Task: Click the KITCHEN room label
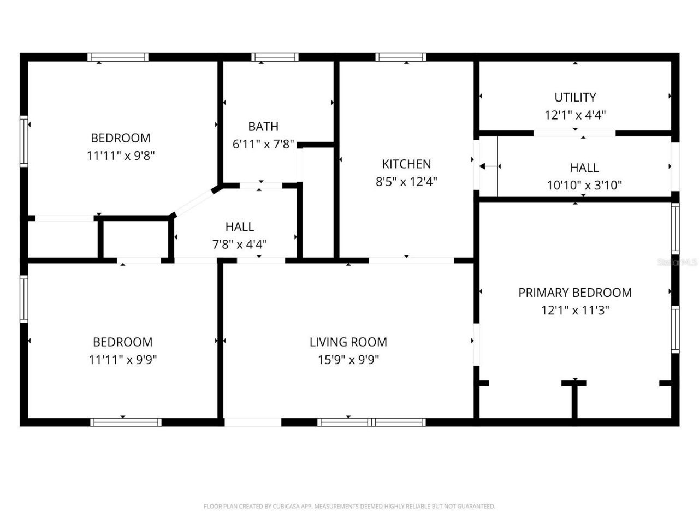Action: [x=406, y=164]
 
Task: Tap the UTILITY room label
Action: [x=575, y=97]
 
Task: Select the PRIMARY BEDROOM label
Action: [x=575, y=293]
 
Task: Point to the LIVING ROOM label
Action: [x=348, y=342]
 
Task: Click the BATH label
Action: [x=263, y=127]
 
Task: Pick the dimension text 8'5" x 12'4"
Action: [x=406, y=182]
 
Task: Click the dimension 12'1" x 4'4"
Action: [x=575, y=115]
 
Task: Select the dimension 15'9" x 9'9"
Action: [x=348, y=360]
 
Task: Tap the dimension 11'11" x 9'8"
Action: [x=121, y=156]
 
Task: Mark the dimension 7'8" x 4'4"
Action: [x=240, y=244]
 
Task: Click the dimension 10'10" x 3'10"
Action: [x=584, y=186]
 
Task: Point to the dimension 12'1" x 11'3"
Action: [x=575, y=310]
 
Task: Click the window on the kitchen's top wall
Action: [x=401, y=57]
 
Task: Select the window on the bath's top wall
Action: [x=275, y=57]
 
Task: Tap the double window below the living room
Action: [x=371, y=422]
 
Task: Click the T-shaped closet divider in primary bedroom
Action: [x=574, y=396]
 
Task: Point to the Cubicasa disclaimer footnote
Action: [x=349, y=507]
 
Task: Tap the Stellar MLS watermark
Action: [x=677, y=263]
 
